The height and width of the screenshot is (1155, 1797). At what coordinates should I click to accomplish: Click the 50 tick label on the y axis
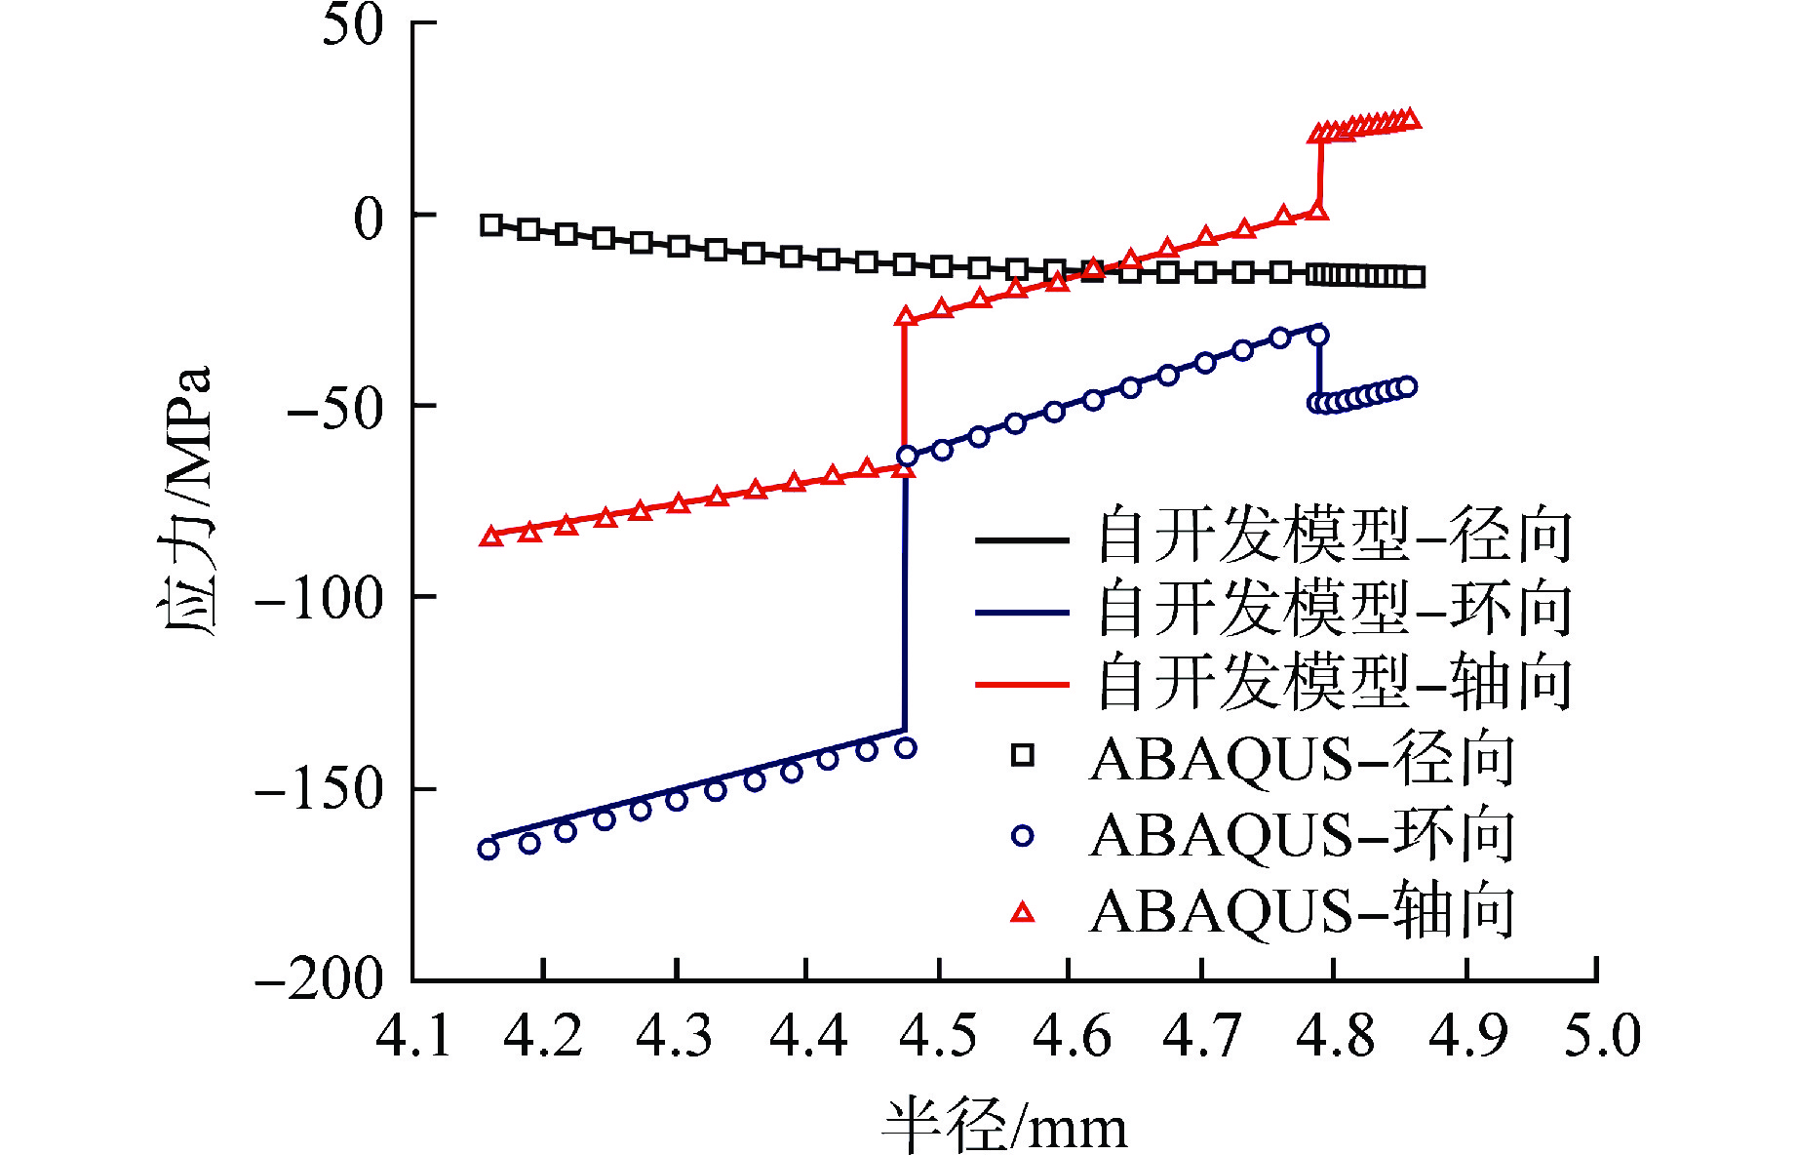coord(353,25)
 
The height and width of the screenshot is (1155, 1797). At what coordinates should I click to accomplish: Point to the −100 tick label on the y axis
coord(319,598)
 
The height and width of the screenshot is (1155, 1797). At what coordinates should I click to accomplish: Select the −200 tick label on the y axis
coord(319,978)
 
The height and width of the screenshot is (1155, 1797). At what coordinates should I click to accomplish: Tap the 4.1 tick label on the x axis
coord(413,1036)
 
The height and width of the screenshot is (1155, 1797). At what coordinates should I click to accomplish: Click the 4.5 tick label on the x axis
coord(938,1036)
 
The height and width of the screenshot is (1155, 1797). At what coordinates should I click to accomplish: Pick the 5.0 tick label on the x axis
coord(1602,1036)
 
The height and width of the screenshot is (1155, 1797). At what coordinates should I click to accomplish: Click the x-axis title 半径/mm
coord(1004,1126)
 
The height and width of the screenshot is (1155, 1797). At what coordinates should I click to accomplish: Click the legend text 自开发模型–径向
coord(1334,538)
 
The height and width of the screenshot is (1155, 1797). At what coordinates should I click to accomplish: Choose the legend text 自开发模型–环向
coord(1334,610)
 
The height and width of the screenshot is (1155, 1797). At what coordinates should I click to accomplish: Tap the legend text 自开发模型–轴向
coord(1334,683)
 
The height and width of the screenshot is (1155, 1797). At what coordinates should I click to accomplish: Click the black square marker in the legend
coord(1022,755)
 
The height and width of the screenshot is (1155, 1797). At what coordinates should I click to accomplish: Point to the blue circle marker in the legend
coord(1022,836)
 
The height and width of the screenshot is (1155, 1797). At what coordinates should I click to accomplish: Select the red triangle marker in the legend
coord(1022,913)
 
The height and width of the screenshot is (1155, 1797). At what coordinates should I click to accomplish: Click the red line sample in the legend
coord(1022,685)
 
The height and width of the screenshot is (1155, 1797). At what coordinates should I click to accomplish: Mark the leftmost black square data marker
coord(491,225)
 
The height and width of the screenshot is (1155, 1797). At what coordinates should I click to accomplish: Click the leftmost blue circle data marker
coord(488,849)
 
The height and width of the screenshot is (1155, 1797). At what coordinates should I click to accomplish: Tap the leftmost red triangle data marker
coord(491,536)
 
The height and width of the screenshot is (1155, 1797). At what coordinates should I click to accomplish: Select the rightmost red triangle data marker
coord(1410,119)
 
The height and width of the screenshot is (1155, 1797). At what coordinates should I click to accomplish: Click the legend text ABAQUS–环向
coord(1302,836)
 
